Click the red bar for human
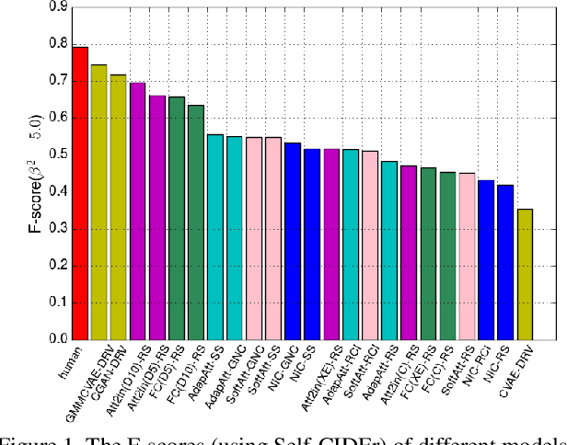80,193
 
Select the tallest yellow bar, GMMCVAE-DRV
99,202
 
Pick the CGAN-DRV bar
119,207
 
